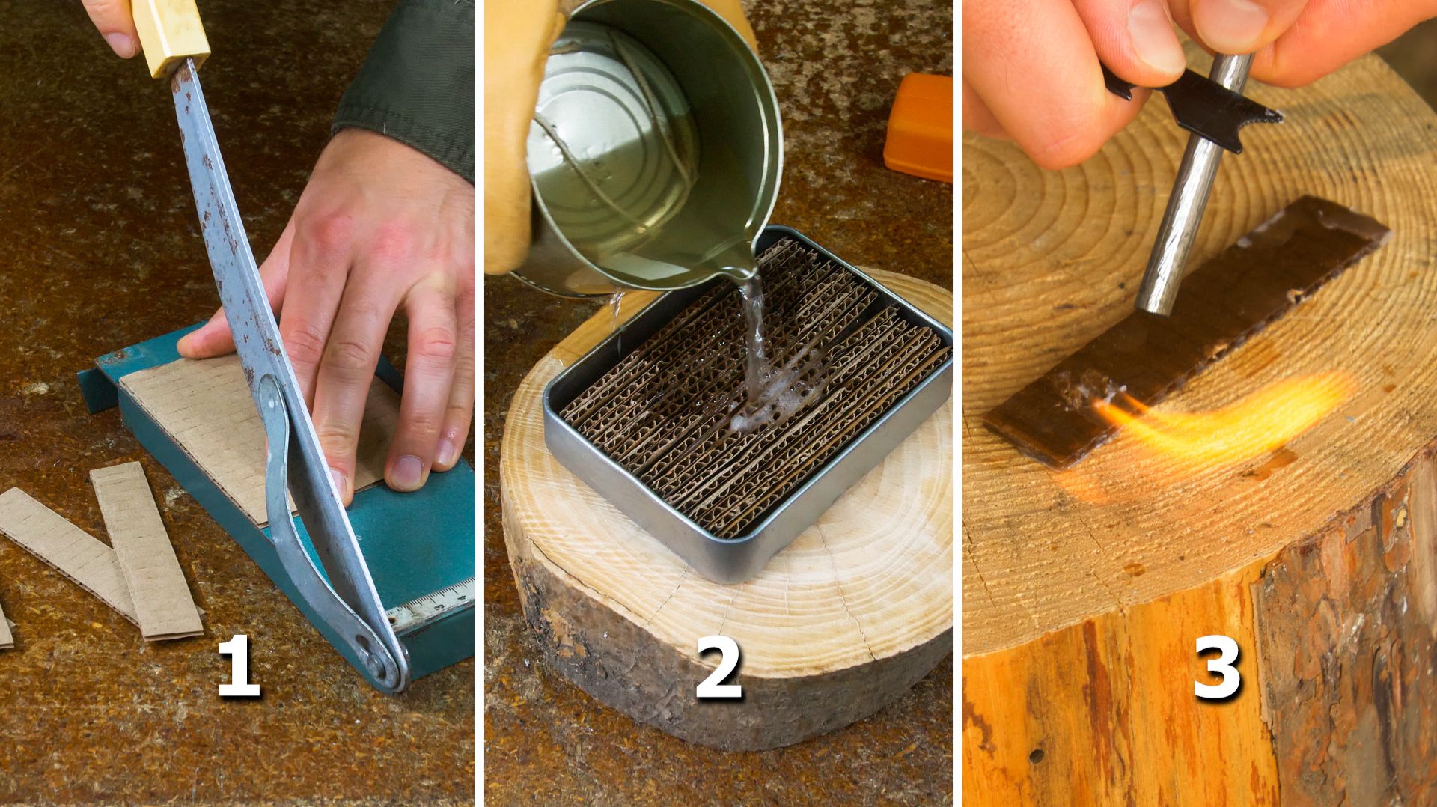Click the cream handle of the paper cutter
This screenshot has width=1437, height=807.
tap(168, 34)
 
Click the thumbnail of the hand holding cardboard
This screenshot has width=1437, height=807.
tap(409, 469)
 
